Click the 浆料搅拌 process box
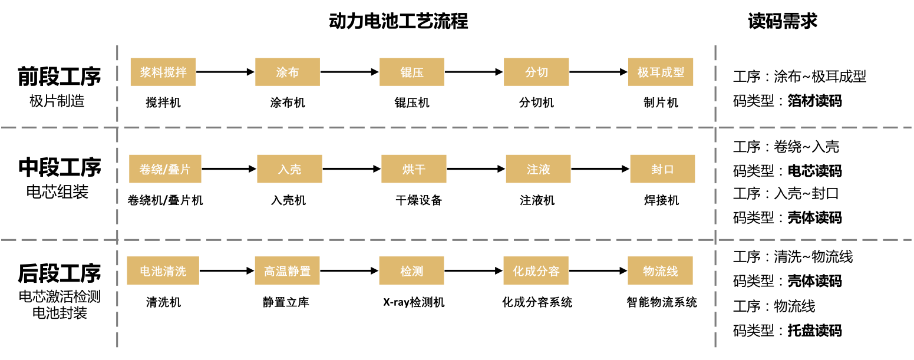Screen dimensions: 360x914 click(x=163, y=72)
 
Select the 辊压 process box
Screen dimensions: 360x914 click(x=412, y=72)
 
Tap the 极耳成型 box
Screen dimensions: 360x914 click(x=661, y=72)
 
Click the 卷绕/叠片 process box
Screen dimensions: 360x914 click(x=165, y=169)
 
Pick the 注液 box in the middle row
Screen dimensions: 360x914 click(x=538, y=169)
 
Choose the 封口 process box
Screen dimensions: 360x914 click(x=662, y=169)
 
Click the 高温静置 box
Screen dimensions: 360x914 click(x=287, y=271)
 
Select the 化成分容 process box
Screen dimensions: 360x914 click(x=536, y=271)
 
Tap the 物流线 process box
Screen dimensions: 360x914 click(x=660, y=271)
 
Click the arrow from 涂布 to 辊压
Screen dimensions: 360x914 click(x=349, y=72)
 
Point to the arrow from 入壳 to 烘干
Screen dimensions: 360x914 click(x=352, y=169)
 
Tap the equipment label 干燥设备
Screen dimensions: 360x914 click(x=418, y=201)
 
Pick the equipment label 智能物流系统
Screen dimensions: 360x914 click(x=661, y=303)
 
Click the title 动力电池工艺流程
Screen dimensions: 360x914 click(x=398, y=21)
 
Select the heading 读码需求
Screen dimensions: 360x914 click(x=783, y=21)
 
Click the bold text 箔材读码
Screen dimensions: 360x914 click(x=814, y=101)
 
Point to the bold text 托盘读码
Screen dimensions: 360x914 click(x=814, y=331)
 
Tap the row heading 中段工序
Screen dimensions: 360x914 click(x=60, y=167)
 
